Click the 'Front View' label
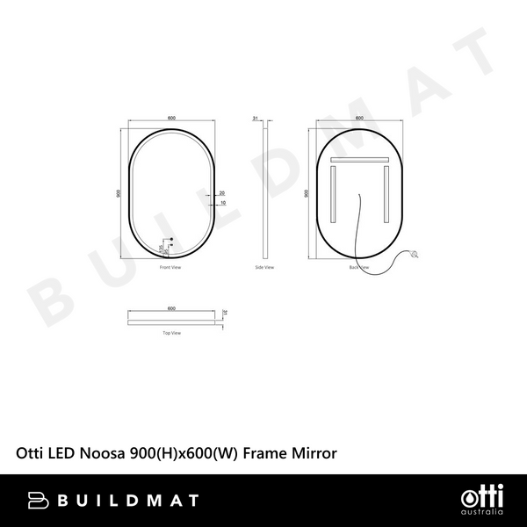click(x=170, y=266)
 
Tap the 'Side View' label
click(x=264, y=266)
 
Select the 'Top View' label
click(x=171, y=333)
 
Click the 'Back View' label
click(x=358, y=266)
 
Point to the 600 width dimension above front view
click(x=171, y=117)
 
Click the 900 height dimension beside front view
click(x=118, y=193)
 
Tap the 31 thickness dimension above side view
click(x=255, y=117)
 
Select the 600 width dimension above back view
click(x=359, y=117)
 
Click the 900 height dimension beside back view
click(x=306, y=193)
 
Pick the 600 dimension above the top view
click(x=171, y=308)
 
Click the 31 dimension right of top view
click(x=225, y=314)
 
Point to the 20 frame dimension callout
click(x=222, y=192)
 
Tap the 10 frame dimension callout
click(x=222, y=203)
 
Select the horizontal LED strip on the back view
click(x=359, y=160)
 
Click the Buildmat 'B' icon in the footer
click(x=36, y=500)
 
